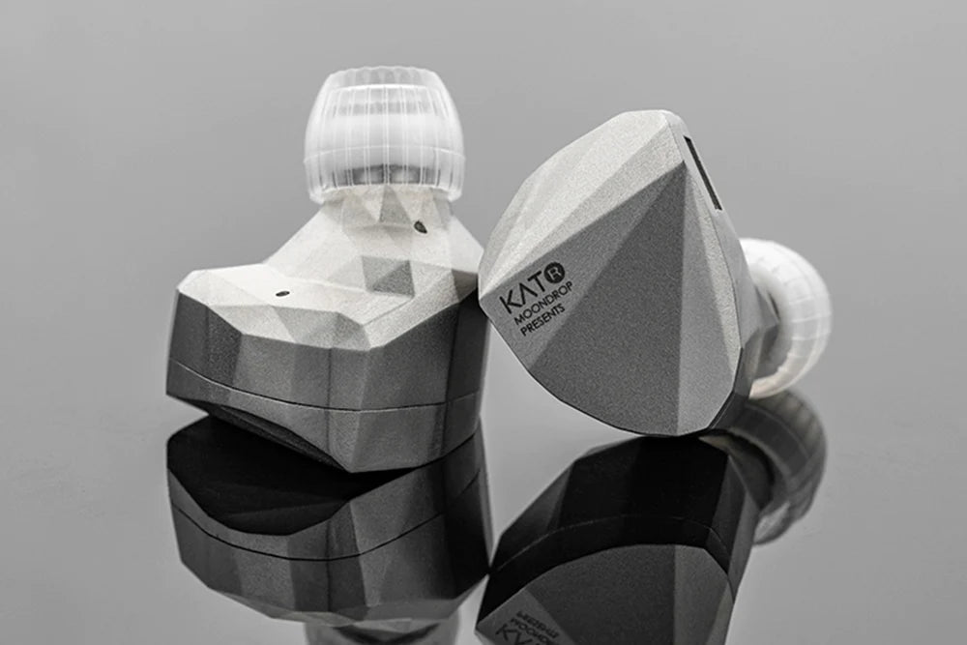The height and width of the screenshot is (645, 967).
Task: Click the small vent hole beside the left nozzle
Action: point(420,227)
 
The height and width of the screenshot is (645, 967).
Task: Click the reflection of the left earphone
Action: point(319,522)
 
